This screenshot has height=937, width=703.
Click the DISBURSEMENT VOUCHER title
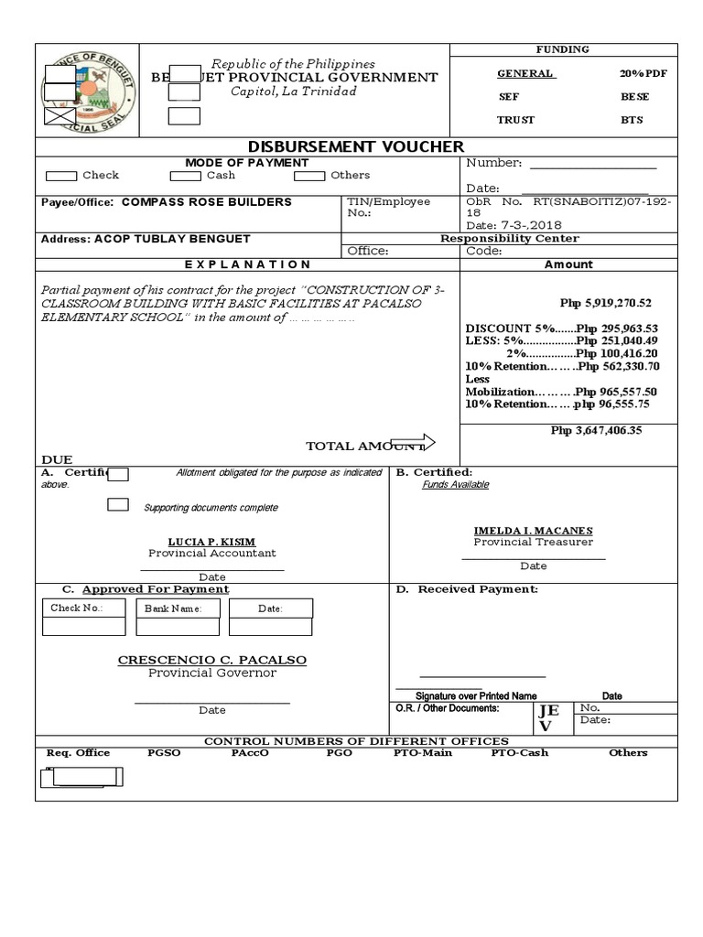point(357,146)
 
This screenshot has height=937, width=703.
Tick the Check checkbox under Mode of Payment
point(61,176)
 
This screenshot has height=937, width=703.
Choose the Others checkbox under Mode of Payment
point(309,176)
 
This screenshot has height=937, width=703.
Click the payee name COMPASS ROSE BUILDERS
point(207,202)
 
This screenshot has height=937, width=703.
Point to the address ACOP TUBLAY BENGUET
point(171,239)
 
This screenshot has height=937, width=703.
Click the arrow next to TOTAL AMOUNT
point(414,443)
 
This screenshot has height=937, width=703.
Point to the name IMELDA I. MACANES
point(533,531)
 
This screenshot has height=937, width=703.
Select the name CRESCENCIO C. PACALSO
point(212,660)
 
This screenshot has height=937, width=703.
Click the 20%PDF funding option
point(640,73)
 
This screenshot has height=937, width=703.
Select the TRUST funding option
point(515,120)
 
